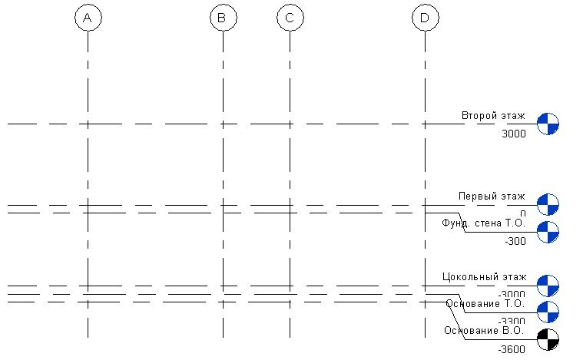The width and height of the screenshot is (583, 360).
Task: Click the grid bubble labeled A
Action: (88, 18)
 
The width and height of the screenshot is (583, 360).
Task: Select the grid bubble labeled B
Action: (222, 18)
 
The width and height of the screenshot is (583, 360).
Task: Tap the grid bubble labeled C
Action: (290, 18)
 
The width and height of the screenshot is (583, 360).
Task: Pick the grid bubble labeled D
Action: (425, 18)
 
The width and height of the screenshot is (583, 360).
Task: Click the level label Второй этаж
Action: (493, 116)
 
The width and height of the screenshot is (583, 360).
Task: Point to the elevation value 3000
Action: (513, 134)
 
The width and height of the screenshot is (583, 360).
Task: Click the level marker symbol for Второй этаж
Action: (548, 123)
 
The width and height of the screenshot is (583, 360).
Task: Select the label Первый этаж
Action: (492, 197)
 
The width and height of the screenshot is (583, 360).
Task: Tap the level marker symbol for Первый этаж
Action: (548, 205)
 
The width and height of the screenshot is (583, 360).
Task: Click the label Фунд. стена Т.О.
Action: (483, 223)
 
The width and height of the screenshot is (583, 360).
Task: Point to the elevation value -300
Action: (515, 241)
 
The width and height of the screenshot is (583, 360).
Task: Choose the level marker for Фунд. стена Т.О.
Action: (548, 231)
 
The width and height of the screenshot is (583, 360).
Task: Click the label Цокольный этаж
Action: (485, 276)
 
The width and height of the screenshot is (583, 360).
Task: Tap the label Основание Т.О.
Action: (485, 303)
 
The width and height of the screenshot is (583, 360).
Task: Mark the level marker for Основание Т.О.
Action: (548, 312)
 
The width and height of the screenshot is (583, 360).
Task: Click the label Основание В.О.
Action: (484, 331)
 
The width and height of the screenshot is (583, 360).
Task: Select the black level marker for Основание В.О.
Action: (548, 339)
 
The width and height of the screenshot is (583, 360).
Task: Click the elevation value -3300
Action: (512, 322)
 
